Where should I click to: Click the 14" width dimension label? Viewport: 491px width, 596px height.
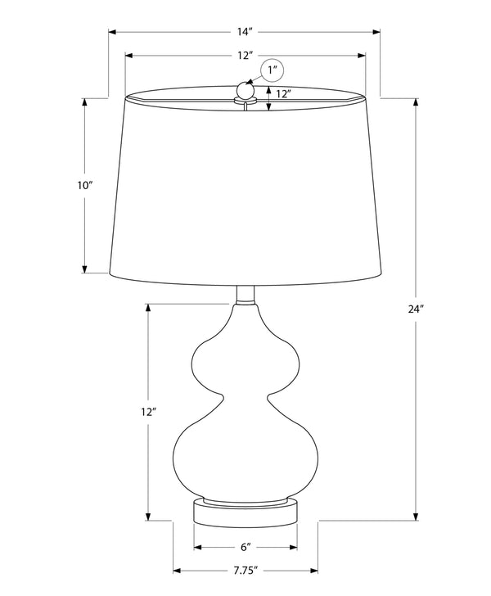click(x=245, y=32)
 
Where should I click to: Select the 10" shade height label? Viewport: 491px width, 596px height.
click(x=85, y=186)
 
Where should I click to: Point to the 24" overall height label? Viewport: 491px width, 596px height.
click(x=417, y=309)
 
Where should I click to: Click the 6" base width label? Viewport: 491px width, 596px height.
click(x=245, y=548)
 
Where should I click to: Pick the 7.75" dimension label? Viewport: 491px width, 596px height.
click(x=245, y=570)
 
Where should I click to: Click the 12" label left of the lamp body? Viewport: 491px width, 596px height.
click(x=148, y=412)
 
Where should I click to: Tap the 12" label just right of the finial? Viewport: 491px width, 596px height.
click(x=283, y=94)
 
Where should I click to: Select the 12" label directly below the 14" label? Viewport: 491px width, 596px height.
click(x=245, y=55)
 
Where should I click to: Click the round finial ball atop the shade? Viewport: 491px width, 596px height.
click(x=244, y=89)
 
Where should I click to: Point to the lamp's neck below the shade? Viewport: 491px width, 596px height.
click(x=245, y=296)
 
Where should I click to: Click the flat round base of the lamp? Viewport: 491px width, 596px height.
click(x=245, y=512)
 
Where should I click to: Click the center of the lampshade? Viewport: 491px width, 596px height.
click(x=245, y=188)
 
